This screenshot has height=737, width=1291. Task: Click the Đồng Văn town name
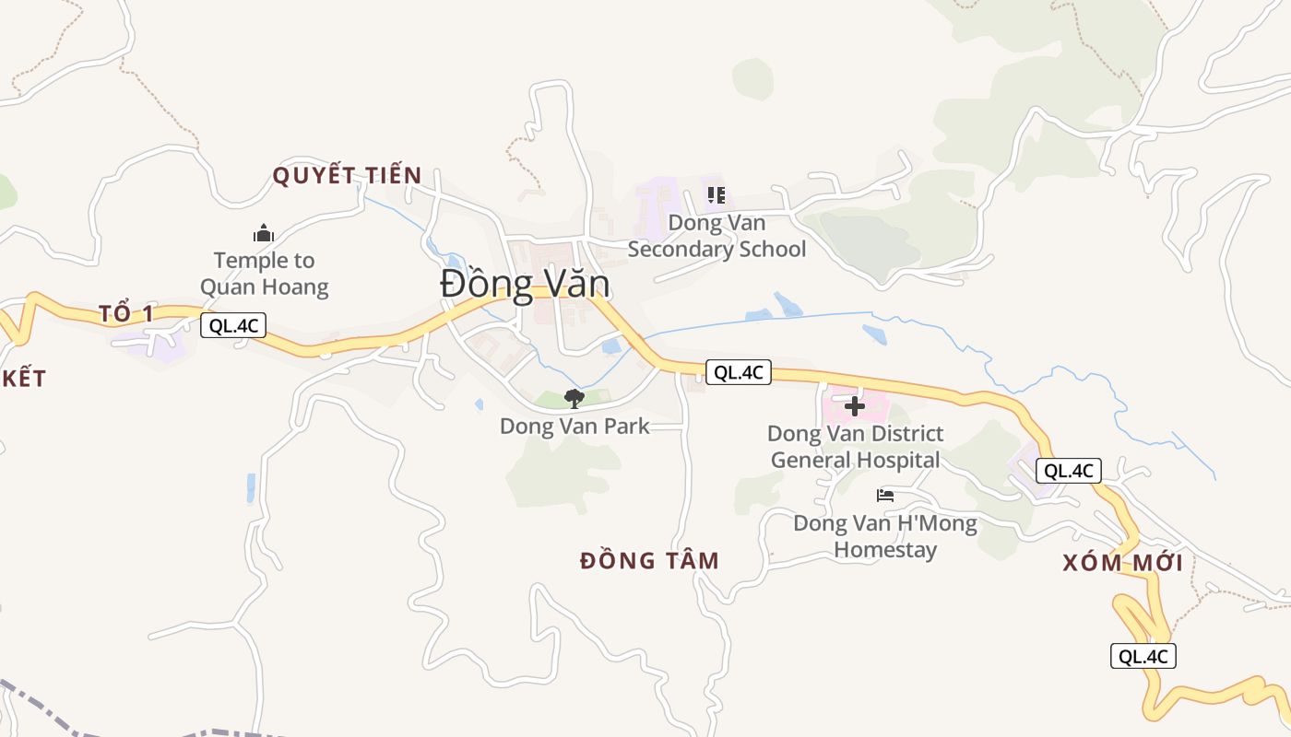tap(525, 283)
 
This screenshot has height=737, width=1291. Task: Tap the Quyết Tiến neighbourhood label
tap(347, 175)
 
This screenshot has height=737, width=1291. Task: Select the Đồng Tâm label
tap(649, 560)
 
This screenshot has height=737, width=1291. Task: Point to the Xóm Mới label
tap(1122, 563)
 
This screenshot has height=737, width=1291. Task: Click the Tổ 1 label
tap(126, 313)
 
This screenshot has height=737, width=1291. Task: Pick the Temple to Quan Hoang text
tap(264, 274)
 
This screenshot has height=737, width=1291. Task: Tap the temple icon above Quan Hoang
tap(264, 233)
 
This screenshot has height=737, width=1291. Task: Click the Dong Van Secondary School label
tap(717, 236)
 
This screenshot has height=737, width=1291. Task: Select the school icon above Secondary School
tap(717, 195)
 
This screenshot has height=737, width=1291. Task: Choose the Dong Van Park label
tap(574, 427)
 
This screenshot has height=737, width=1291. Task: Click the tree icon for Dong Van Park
tap(574, 399)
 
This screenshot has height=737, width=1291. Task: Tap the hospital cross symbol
tap(855, 405)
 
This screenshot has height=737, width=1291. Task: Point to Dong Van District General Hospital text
tap(855, 446)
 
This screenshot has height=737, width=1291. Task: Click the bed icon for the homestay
tap(885, 496)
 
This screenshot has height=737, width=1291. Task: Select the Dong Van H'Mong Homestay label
tap(885, 536)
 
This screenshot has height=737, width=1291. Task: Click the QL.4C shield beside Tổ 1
tap(233, 324)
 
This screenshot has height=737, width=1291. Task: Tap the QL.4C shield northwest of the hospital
tap(739, 372)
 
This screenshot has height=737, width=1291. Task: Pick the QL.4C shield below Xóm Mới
tap(1143, 656)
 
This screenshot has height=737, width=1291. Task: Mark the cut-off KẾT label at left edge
tap(22, 379)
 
